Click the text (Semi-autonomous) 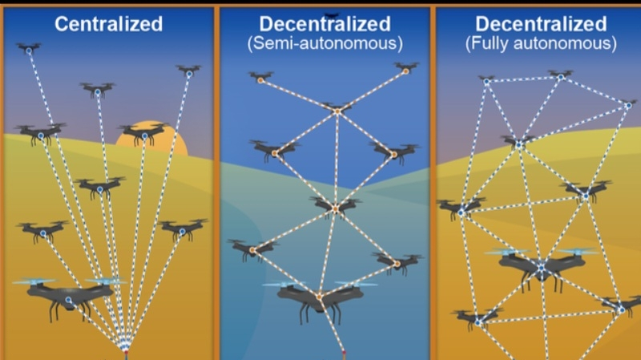[325, 43]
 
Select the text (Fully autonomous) [541, 43]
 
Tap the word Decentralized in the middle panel [325, 23]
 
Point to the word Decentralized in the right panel [541, 23]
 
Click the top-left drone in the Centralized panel [29, 49]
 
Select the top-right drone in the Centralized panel [189, 71]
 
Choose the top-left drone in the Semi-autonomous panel [260, 78]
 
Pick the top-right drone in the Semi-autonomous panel [405, 68]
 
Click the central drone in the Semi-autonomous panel [336, 207]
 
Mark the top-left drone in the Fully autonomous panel [486, 80]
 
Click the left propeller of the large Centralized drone [35, 282]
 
